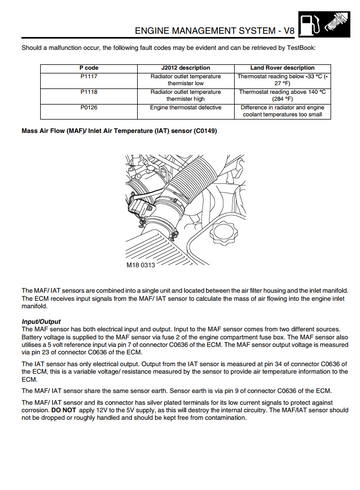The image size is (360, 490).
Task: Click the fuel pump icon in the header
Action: [x=310, y=24]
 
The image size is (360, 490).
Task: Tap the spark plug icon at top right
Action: [x=336, y=23]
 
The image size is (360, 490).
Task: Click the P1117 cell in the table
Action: [x=89, y=81]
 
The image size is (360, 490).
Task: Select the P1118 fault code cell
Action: [x=89, y=96]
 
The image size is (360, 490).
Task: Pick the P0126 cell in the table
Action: [x=89, y=111]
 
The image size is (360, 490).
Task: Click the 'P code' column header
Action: [x=89, y=68]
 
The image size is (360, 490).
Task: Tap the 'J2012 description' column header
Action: [x=186, y=68]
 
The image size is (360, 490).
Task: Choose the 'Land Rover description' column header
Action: [x=282, y=68]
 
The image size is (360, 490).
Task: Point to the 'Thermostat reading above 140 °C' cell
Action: [x=282, y=96]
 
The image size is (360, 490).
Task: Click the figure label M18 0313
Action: [x=141, y=265]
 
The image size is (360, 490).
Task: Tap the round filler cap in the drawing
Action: [x=222, y=232]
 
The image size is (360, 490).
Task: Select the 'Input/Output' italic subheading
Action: [x=41, y=322]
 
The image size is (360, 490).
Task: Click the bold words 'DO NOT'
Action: [x=64, y=410]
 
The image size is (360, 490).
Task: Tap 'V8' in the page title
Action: [x=289, y=31]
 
